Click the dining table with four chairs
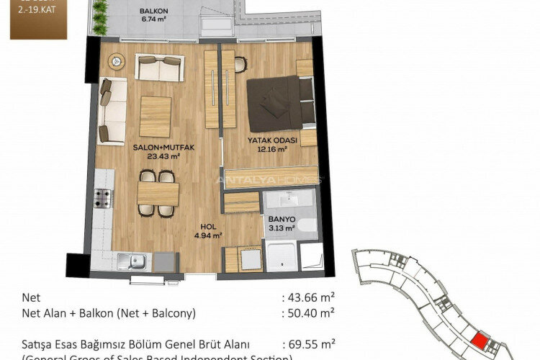tap(158, 192)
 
